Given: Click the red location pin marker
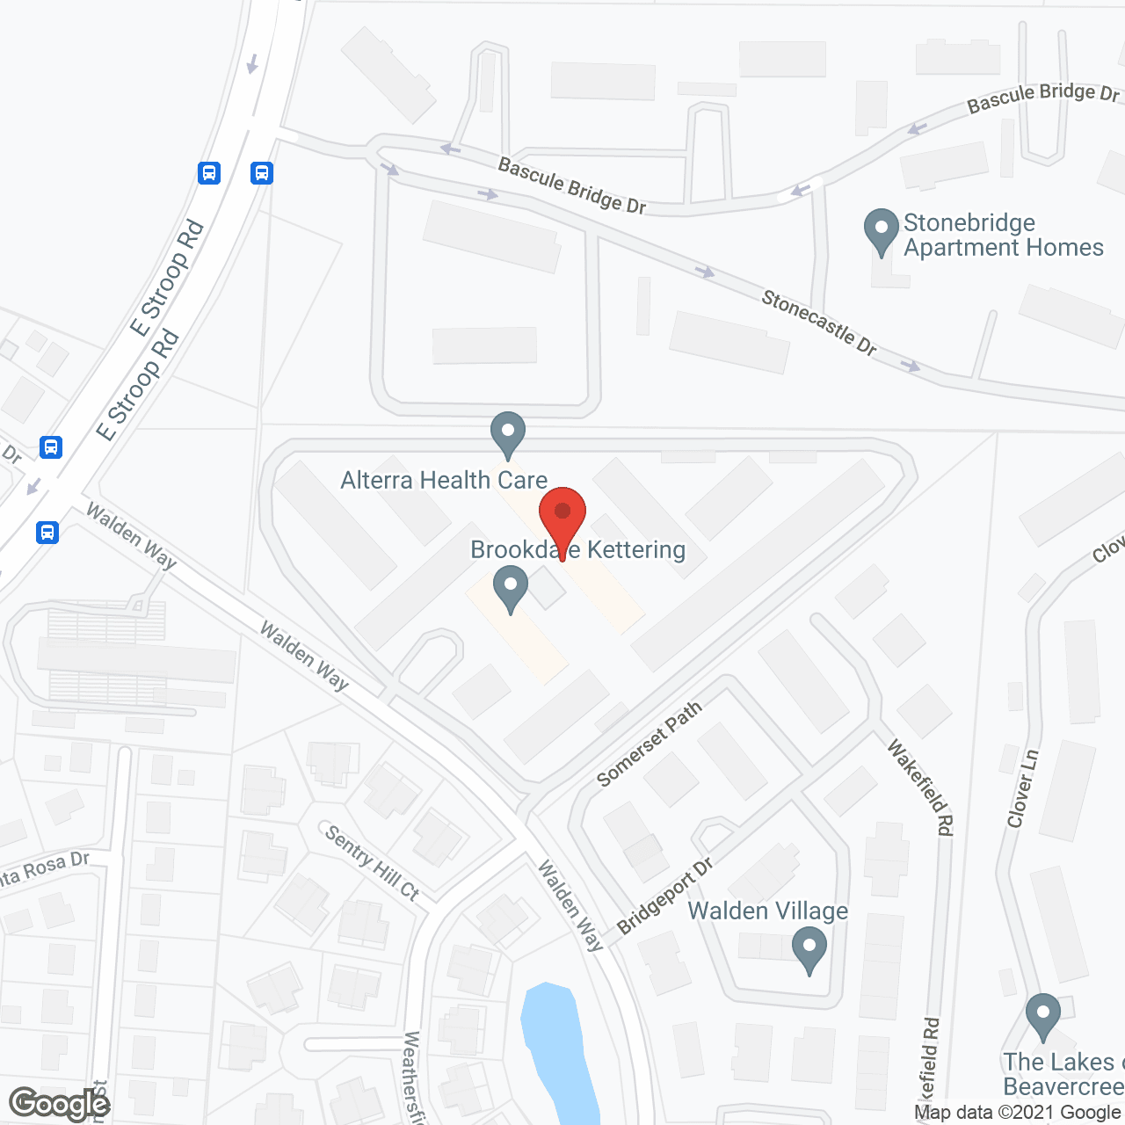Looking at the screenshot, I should [562, 516].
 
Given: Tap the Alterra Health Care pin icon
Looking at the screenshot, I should [507, 432].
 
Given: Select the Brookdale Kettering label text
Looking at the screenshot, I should [577, 550].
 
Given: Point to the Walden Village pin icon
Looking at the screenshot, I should [809, 950].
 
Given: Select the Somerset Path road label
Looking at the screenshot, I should [649, 744].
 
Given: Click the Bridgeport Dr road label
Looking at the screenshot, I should [664, 896].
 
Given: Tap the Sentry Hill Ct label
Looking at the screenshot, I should [372, 862].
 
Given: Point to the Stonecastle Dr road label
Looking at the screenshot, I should [819, 323].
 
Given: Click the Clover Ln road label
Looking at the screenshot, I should [1023, 788].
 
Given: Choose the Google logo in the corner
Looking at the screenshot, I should [60, 1104].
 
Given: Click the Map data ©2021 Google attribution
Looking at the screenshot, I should [1018, 1112].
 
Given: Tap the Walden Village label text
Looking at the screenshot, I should [767, 911].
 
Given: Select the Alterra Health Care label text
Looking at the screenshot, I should [444, 480].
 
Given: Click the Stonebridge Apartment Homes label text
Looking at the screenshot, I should [1003, 236].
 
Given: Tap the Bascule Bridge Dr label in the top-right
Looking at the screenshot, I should [1043, 98].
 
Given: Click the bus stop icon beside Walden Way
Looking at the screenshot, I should [47, 532].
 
